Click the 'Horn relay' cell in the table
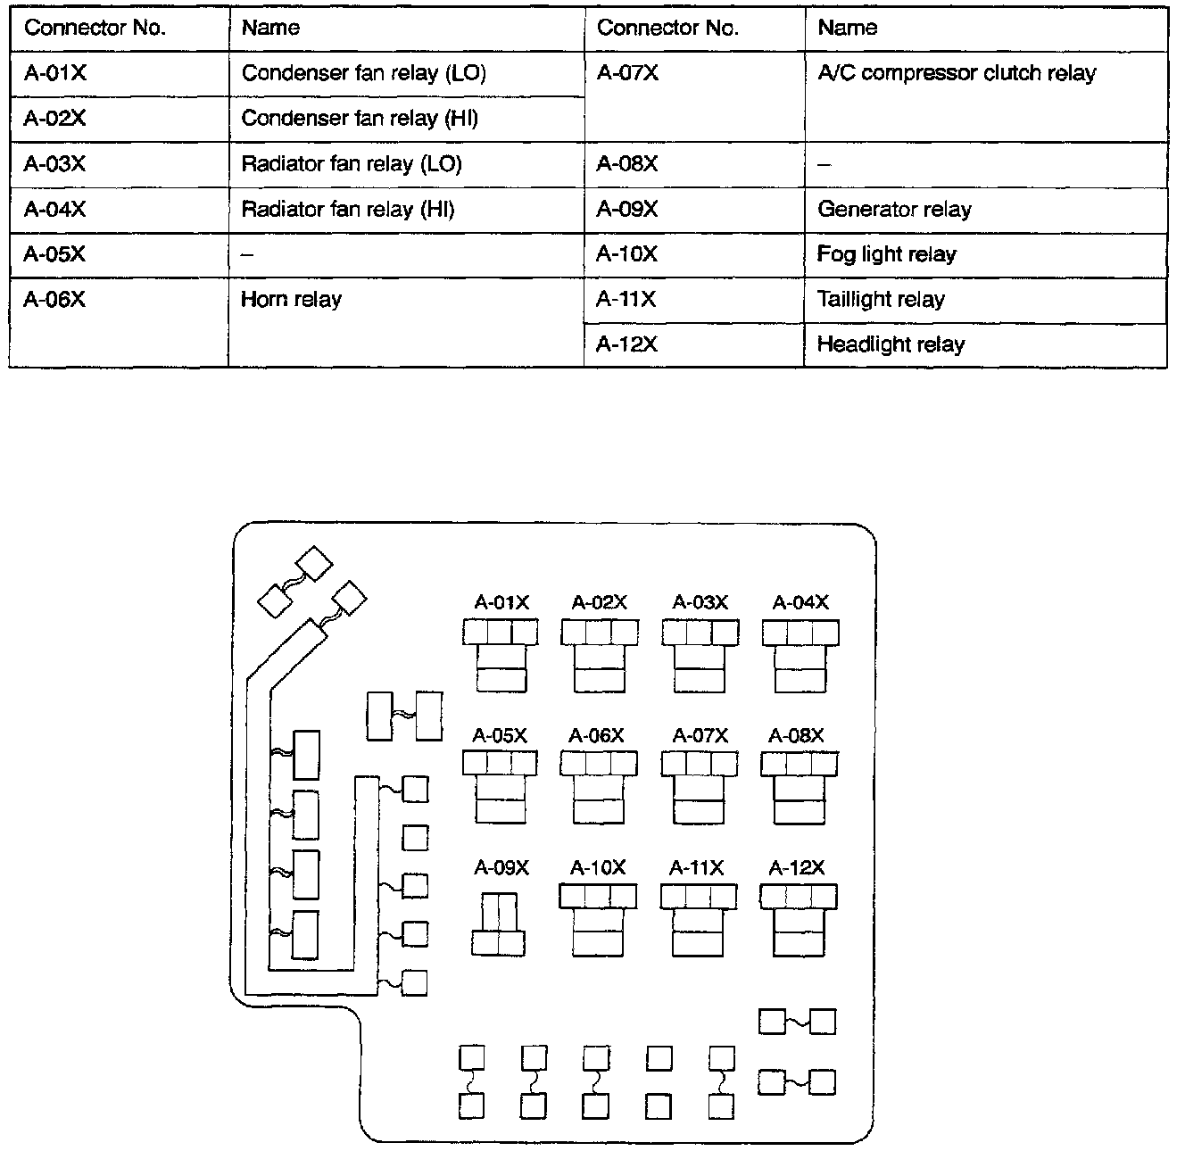pos(292,300)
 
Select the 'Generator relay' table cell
pos(894,210)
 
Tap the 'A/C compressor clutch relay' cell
pos(957,74)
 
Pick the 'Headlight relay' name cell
pos(891,345)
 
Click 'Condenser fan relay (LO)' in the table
pos(364,74)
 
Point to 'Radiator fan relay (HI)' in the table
pos(348,210)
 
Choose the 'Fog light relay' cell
pos(886,255)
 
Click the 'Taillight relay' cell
pos(881,300)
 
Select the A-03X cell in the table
pos(55,164)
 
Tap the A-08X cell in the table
pos(627,164)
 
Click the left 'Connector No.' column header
pos(95,29)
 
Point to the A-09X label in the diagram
pos(501,867)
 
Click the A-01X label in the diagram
pos(501,603)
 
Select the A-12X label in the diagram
pos(797,867)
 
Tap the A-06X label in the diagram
pos(597,736)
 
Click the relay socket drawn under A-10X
pos(598,920)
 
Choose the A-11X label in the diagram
pos(697,867)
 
